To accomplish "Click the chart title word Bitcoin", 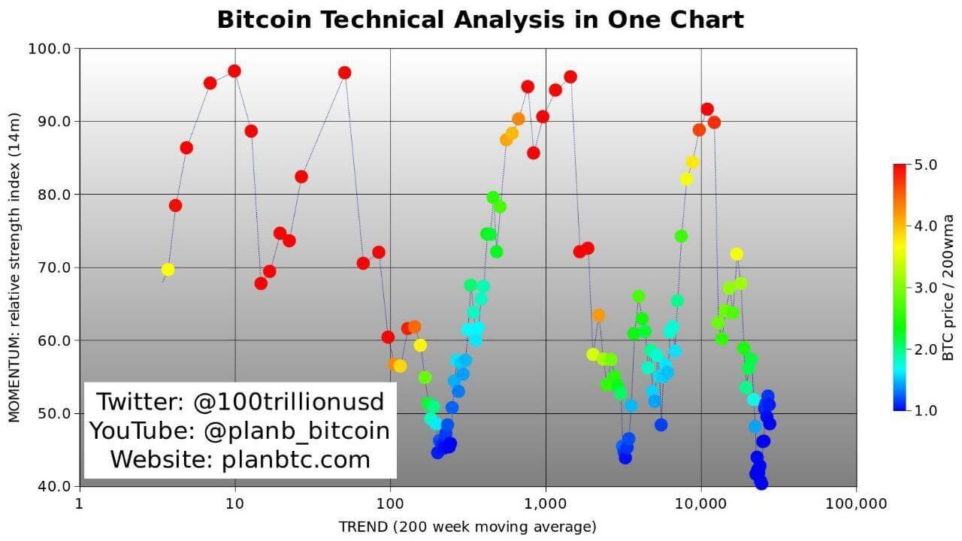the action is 264,20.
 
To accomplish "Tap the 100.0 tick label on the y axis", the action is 49,49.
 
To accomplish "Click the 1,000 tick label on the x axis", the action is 546,503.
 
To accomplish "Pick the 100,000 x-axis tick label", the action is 856,503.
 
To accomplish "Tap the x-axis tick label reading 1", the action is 79,503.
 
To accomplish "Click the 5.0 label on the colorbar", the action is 925,165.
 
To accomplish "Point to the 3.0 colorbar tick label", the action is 925,287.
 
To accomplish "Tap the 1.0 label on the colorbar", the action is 925,410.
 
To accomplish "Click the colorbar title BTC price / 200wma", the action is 948,288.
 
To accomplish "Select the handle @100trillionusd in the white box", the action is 289,402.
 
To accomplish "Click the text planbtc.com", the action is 296,459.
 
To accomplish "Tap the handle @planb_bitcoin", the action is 296,431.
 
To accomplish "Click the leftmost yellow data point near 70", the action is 168,270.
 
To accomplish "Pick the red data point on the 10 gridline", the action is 234,71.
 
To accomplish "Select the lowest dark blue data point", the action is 761,483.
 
